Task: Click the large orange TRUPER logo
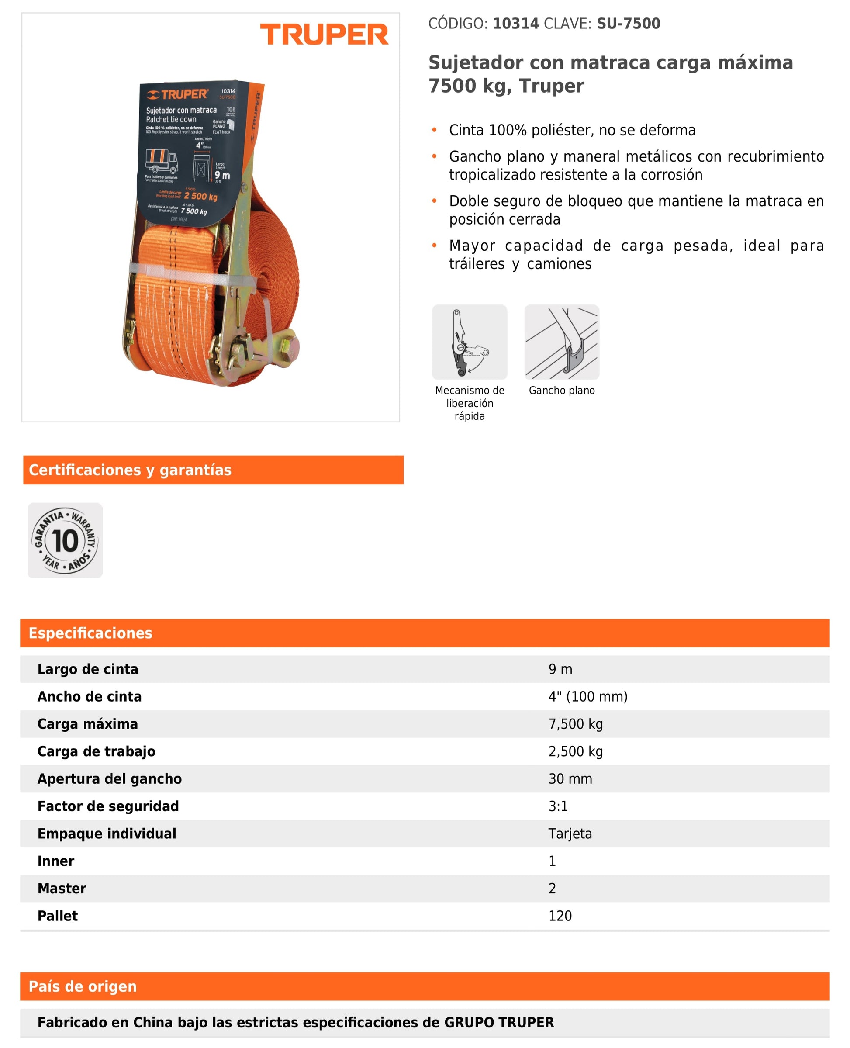324,34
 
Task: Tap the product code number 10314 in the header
515,24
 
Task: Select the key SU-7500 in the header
628,24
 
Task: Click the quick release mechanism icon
470,342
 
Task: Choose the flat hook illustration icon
562,342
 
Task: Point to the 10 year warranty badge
65,540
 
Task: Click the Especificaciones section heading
90,633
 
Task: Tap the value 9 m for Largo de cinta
560,669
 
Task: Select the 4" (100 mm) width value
587,696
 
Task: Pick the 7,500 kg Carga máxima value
575,724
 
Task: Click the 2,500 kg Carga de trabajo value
575,751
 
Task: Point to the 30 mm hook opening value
570,778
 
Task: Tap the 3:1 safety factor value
558,806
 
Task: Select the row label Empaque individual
107,834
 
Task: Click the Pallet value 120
560,916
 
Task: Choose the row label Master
62,889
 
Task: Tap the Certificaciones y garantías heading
130,470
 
